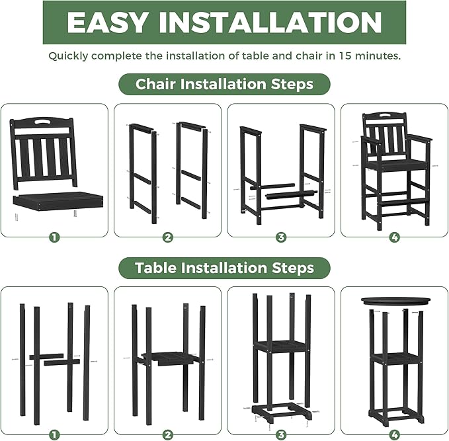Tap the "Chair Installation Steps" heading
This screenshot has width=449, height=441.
point(224,85)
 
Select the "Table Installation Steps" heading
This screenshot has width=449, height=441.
point(224,268)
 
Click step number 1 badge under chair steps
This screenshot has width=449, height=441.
point(54,237)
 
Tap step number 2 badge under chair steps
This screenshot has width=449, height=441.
point(168,237)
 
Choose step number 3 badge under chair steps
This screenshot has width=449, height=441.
point(281,237)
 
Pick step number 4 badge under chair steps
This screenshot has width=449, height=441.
point(394,237)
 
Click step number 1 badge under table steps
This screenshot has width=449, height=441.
point(54,434)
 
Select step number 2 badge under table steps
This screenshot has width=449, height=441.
point(168,434)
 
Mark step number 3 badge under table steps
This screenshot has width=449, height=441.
point(281,434)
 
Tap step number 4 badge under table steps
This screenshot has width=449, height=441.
point(394,434)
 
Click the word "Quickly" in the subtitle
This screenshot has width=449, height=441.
point(68,56)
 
